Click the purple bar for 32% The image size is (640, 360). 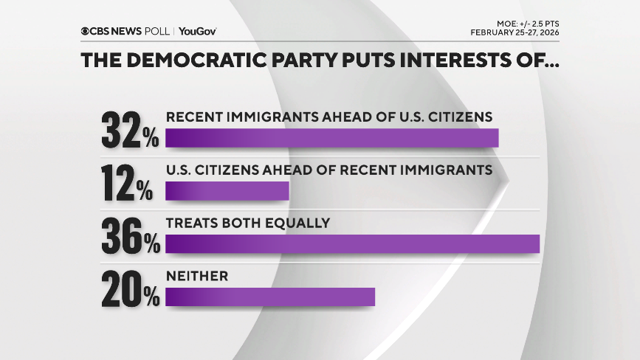332,138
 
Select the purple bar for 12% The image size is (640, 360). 227,191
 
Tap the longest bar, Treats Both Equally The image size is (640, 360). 353,244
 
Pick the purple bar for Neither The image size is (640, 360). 270,297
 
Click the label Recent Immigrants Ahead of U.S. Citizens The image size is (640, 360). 328,117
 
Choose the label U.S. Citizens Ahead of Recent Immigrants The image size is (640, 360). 328,170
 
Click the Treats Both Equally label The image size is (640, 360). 247,223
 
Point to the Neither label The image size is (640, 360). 197,276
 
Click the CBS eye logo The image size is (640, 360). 86,31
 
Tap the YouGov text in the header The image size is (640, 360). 197,31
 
